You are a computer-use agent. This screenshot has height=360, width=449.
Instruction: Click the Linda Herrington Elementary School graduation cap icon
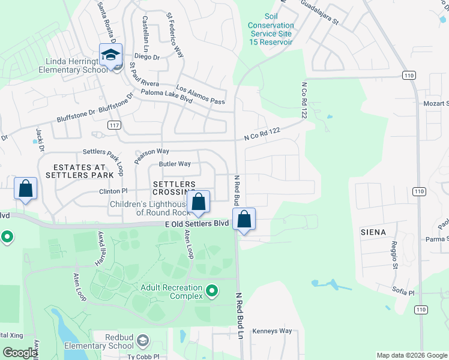pos(110,56)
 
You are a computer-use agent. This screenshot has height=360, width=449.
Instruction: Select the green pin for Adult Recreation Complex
pos(212,292)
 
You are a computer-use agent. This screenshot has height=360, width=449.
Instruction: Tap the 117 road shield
pos(114,125)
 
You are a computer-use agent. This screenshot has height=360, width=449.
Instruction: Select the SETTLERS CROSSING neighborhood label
pos(174,188)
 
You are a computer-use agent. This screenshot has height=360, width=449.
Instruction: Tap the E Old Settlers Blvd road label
pos(197,223)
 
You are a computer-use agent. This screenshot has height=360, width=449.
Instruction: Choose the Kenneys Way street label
pos(272,331)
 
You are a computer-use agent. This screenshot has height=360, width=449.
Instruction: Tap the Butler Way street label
pos(175,164)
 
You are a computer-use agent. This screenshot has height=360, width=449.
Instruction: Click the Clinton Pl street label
pos(113,191)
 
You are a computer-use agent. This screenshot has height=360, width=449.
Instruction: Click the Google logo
pos(20,353)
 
